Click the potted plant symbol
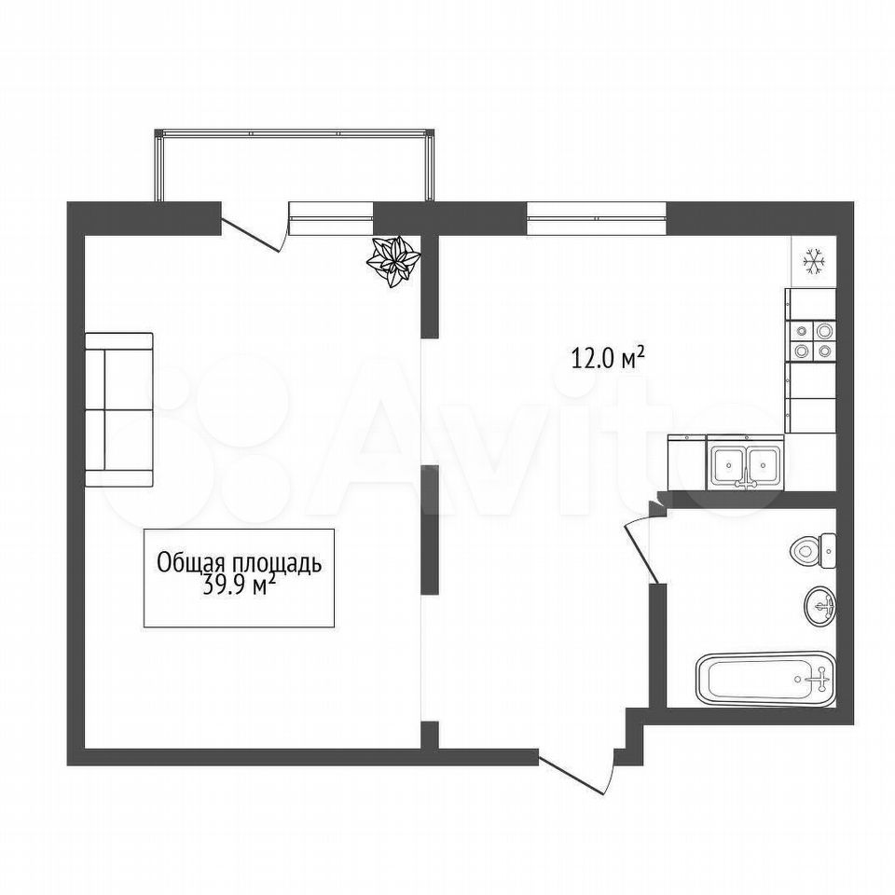(x=393, y=261)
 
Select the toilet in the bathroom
(x=813, y=551)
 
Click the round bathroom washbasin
(x=820, y=607)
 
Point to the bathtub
(x=765, y=679)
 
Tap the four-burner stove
(x=811, y=341)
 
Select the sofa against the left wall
(x=119, y=410)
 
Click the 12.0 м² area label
(x=608, y=358)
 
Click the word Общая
(x=191, y=563)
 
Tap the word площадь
(x=276, y=564)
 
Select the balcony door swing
(x=254, y=235)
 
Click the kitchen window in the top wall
(x=597, y=218)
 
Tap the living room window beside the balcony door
(x=331, y=218)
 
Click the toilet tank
(x=828, y=551)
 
